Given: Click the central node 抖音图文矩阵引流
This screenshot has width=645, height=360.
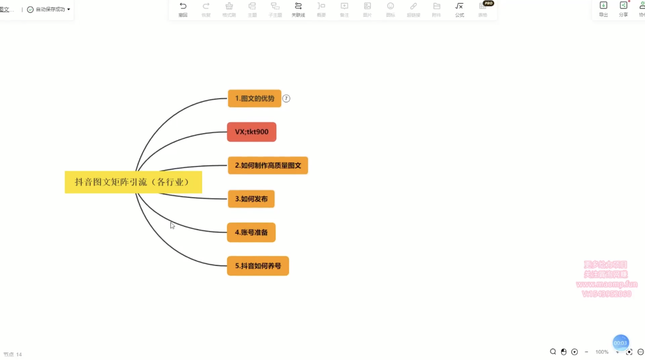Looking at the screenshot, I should pos(133,182).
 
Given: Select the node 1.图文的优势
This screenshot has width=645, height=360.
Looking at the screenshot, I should pos(254,99).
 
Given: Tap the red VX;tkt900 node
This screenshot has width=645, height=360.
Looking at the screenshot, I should pos(252,132).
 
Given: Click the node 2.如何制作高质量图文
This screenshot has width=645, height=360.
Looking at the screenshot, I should pos(268,165).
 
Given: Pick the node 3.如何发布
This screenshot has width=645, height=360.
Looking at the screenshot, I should pos(251,199).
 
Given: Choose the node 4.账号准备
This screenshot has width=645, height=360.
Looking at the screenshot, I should pos(251,232).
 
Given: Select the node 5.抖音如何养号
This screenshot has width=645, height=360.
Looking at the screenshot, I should pos(258,266).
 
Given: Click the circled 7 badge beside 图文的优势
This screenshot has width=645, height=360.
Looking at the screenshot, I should pos(286,99).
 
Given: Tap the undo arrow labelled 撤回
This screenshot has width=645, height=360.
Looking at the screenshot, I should pos(183,9).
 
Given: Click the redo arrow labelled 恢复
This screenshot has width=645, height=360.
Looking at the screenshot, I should pos(206,9).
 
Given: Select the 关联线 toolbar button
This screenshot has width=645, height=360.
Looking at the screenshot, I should pos(298,9).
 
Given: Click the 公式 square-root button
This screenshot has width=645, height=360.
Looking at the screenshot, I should pos(459,9).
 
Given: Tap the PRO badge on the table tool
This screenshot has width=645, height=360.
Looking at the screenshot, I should pos(488,3).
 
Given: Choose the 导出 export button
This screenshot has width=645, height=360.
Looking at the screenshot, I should pos(603,9).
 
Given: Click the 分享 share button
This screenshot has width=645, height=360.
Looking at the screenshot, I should pos(623,9).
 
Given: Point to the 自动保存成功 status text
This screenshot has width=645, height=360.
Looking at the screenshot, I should pos(50,10).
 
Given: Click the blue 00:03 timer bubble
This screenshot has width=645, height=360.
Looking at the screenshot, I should pos(620,343).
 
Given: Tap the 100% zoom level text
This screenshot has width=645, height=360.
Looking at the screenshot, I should pos(602,352).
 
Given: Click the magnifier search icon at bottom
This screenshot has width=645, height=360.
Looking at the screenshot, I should pos(553,352).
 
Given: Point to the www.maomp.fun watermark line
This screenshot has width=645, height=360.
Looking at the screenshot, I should pos(607,285).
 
